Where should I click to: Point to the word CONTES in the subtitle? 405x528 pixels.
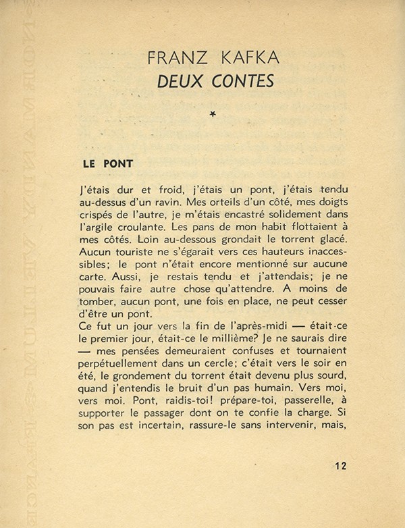[231, 81]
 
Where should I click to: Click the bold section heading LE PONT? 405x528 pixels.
[107, 163]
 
